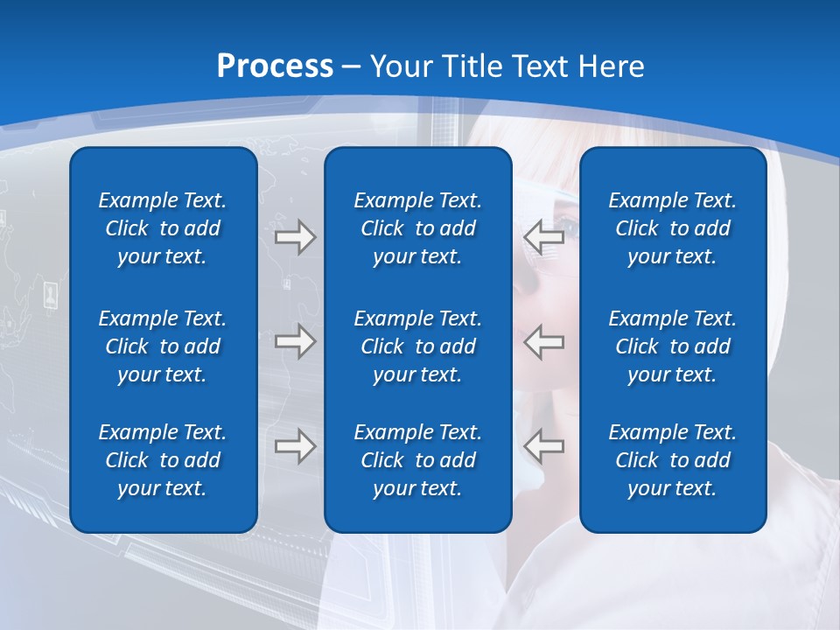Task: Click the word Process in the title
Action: (275, 66)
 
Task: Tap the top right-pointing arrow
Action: (296, 237)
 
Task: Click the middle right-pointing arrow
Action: (296, 341)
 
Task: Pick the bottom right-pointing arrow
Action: (296, 446)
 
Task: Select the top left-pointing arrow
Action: (543, 237)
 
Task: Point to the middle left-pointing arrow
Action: (543, 341)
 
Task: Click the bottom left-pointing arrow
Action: (543, 446)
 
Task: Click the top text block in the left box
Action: (163, 228)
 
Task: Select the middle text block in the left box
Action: (163, 346)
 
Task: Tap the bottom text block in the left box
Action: (163, 460)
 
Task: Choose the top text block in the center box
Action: (417, 228)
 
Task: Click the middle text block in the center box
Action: (417, 346)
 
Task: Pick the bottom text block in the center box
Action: (417, 460)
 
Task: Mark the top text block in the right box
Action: (672, 228)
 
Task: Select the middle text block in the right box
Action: (672, 346)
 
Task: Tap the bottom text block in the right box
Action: (672, 460)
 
